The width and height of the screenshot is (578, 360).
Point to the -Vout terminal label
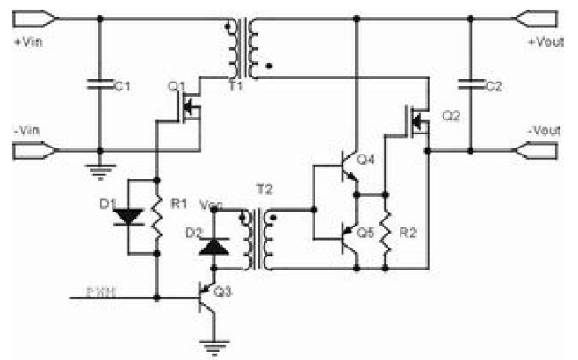click(545, 130)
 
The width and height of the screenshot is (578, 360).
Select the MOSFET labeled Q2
click(416, 120)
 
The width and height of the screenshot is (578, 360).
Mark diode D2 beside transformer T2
click(211, 245)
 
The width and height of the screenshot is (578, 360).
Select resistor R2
click(386, 232)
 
